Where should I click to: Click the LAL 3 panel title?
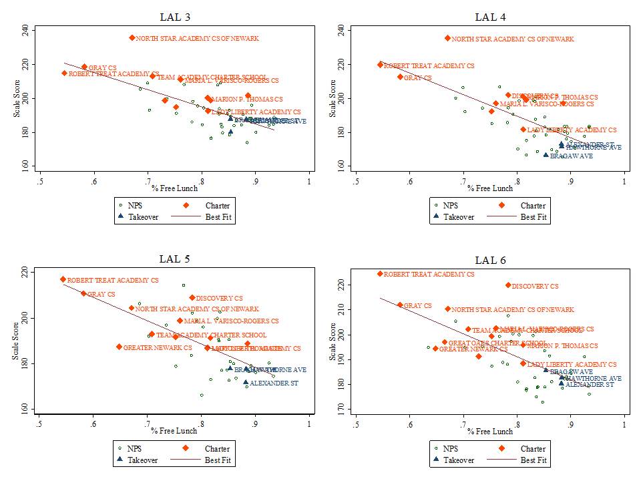tap(174, 17)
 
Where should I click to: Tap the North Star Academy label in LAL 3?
tap(197, 39)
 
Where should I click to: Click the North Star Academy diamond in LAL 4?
tap(447, 38)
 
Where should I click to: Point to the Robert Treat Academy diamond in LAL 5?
tap(63, 279)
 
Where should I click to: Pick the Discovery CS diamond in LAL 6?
tap(508, 285)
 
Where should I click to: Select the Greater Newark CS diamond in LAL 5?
tap(119, 347)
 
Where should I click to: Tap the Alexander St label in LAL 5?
tap(274, 383)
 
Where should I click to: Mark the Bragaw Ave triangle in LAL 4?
tap(546, 154)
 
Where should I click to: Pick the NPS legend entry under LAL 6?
tap(449, 449)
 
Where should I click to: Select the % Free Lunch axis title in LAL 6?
tap(490, 432)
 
